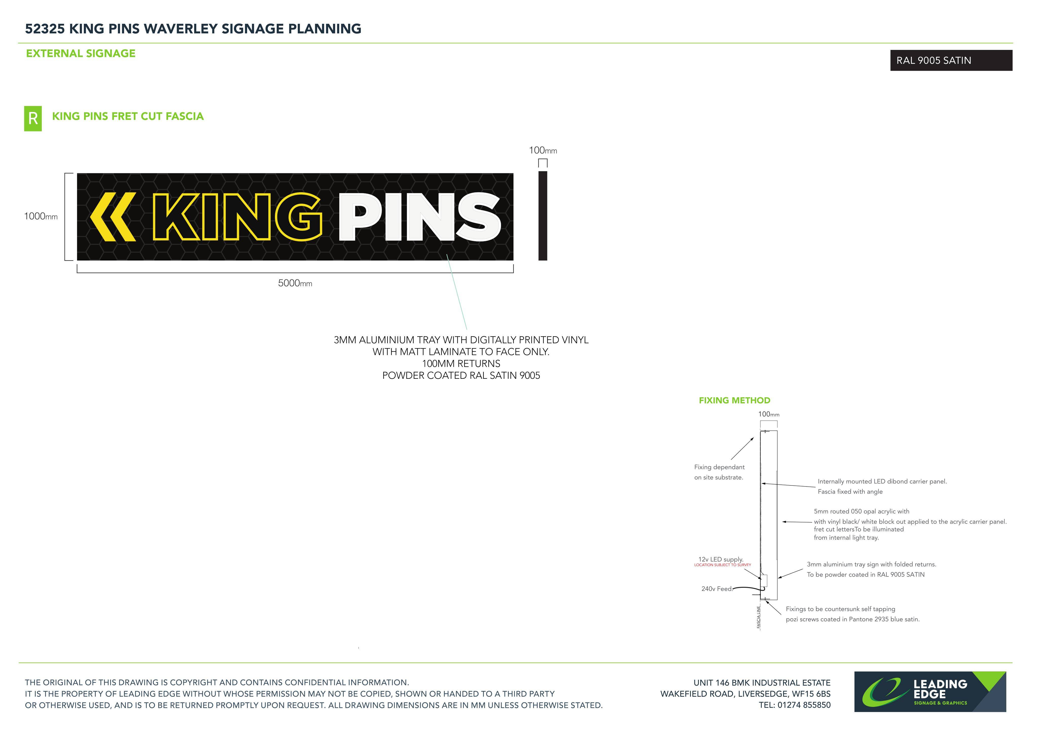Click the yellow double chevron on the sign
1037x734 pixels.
113,217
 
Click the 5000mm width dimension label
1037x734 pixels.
295,283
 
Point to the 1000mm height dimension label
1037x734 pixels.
41,216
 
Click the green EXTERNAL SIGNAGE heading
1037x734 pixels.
81,53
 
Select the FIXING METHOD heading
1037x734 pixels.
734,401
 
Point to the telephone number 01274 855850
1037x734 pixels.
804,705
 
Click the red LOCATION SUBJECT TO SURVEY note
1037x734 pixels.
723,565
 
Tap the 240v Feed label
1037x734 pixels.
717,589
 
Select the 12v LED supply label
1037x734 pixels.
721,559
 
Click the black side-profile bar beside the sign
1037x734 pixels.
543,216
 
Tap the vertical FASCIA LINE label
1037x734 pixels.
759,616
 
